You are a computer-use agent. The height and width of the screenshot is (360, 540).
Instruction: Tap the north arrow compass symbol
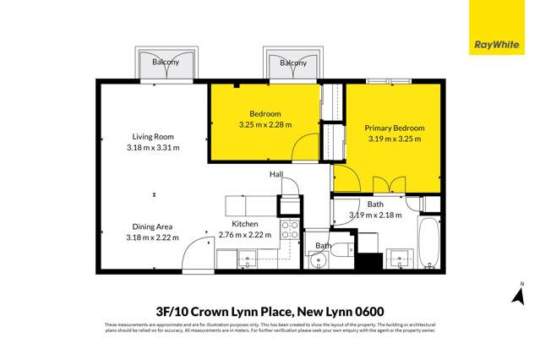pos(521,296)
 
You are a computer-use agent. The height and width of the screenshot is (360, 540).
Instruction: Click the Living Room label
pos(152,136)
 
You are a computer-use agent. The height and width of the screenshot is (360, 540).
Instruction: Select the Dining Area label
pos(152,226)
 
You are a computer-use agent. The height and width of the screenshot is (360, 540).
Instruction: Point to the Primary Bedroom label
pos(394,128)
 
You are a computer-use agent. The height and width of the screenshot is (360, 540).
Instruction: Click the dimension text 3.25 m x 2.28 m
pos(265,124)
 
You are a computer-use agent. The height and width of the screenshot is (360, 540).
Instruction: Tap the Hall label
pos(275,174)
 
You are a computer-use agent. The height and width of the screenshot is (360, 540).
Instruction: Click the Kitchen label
pos(246,224)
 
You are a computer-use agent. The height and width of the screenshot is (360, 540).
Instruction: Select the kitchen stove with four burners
pos(289,231)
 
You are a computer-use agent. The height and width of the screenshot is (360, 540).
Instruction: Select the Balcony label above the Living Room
pos(166,63)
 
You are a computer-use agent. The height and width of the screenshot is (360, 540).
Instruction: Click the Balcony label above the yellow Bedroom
pos(292,63)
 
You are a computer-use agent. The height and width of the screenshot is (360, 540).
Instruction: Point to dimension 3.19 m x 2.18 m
pos(376,215)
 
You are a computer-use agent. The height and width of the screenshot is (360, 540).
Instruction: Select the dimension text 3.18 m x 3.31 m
pos(152,147)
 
